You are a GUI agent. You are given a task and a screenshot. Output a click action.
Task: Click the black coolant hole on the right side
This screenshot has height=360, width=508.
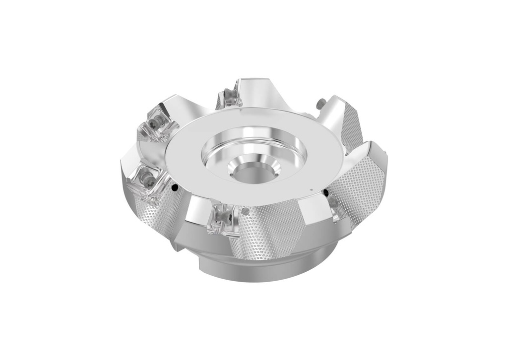[x=325, y=192]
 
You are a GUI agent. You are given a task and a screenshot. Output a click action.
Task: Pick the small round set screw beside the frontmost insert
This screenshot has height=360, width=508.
[x=245, y=211]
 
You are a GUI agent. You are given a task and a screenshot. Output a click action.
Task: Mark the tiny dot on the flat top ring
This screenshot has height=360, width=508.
[x=310, y=189]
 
